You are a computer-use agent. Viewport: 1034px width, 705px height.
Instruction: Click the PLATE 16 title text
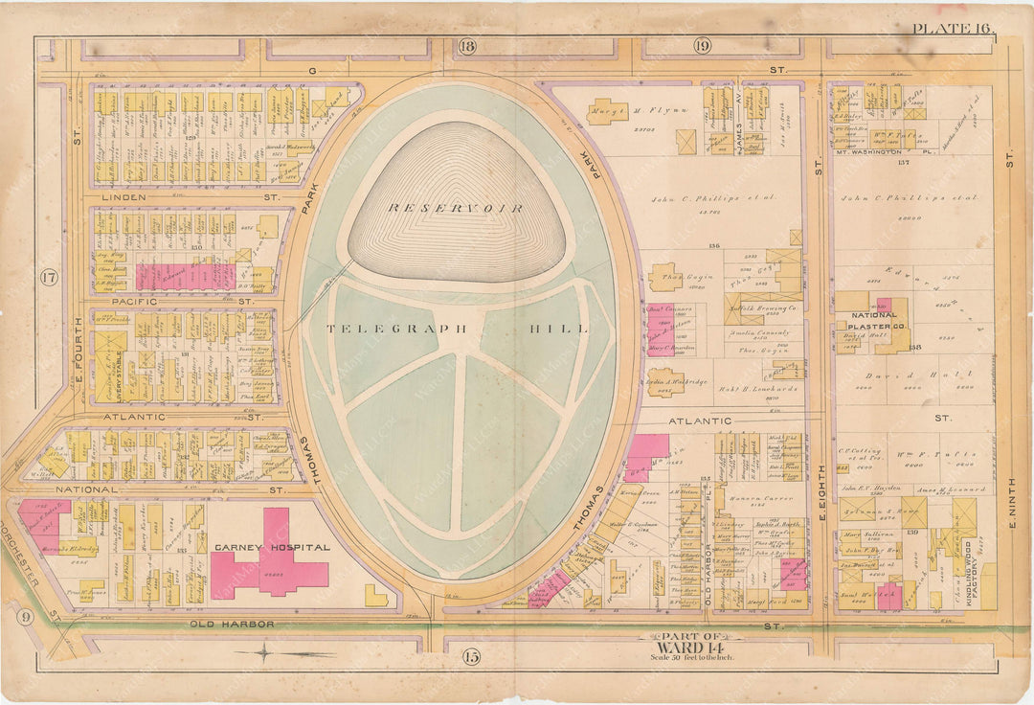tap(952, 28)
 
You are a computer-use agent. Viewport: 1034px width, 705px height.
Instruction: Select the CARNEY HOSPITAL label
tap(272, 548)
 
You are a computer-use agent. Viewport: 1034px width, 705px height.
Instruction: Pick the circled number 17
tap(49, 279)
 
